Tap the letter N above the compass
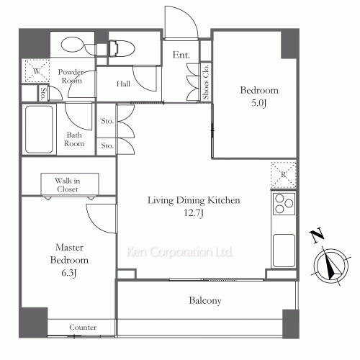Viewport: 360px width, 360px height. click(315, 235)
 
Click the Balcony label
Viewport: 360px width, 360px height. click(207, 301)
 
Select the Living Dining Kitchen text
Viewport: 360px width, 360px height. click(194, 200)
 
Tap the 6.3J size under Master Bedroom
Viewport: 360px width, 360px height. click(69, 271)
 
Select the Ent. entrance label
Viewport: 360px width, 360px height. click(180, 54)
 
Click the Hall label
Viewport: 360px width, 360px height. click(124, 84)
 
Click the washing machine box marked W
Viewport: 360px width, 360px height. click(35, 70)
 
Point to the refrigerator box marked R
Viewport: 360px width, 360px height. click(283, 174)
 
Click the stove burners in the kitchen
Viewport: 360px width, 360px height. click(283, 204)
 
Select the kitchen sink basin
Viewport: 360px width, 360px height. click(283, 250)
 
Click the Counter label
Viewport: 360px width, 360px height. click(82, 328)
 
